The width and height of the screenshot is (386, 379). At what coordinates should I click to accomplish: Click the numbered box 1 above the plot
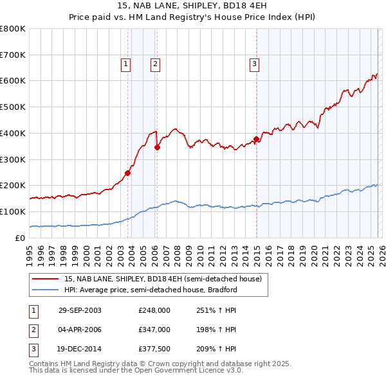tap(125, 64)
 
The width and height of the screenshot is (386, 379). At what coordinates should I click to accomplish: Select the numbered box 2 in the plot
tap(156, 64)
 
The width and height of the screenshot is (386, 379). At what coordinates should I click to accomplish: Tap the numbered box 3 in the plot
tap(254, 64)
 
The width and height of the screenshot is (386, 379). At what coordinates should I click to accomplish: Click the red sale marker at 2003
tap(128, 172)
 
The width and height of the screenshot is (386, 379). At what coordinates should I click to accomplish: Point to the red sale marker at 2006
tap(157, 146)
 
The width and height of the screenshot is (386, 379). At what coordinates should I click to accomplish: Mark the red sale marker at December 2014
tap(257, 139)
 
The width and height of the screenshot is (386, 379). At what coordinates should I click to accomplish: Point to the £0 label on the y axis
tap(21, 238)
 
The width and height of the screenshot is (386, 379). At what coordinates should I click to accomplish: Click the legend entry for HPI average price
tap(151, 290)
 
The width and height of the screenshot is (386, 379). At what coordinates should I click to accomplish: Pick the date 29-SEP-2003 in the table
tap(80, 310)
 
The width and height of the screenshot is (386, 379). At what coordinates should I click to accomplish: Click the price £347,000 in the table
tap(154, 330)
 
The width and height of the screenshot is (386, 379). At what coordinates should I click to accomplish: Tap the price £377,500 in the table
tap(154, 349)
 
